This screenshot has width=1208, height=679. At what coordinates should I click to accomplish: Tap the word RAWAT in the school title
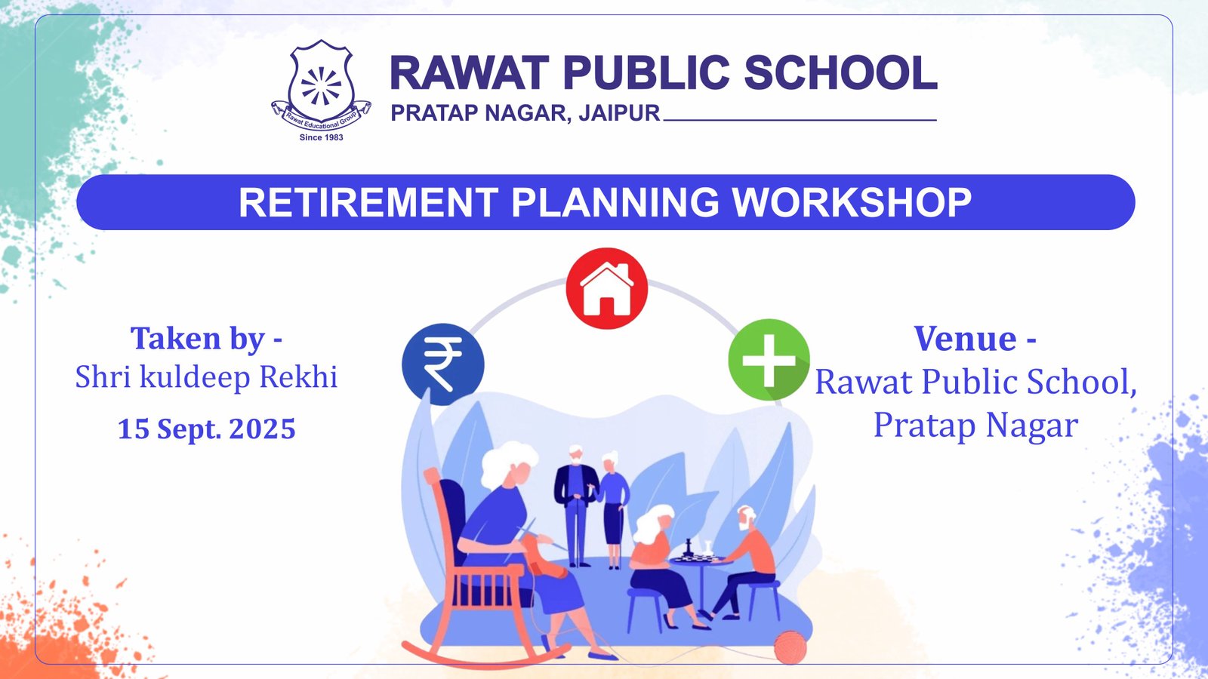click(468, 73)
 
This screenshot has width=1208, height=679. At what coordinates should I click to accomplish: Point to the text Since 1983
click(321, 137)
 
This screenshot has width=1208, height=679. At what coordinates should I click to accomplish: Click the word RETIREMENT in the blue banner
click(368, 202)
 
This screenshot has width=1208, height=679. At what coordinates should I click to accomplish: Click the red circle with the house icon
click(606, 288)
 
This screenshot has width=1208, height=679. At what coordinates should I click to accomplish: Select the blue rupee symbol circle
click(443, 364)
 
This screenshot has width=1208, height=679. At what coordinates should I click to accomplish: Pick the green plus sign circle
click(769, 359)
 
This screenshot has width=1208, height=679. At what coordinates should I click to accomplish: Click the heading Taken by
click(206, 338)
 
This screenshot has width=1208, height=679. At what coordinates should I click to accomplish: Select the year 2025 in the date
click(262, 429)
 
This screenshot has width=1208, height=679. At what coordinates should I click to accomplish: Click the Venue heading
click(974, 338)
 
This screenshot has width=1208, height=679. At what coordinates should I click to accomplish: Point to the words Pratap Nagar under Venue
click(975, 425)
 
